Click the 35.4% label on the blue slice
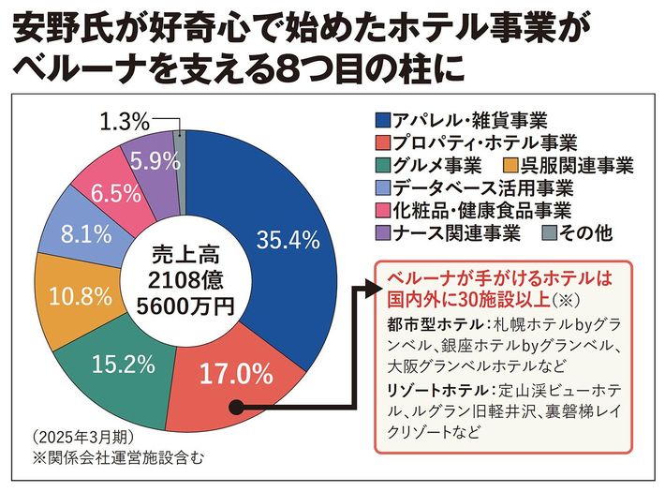pos(283,241)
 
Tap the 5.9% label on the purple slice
pos(155,161)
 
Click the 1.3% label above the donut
pos(123,120)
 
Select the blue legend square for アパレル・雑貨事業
pos(382,120)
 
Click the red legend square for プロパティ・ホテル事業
pos(382,143)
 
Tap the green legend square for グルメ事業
pos(382,166)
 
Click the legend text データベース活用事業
pos(477,188)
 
